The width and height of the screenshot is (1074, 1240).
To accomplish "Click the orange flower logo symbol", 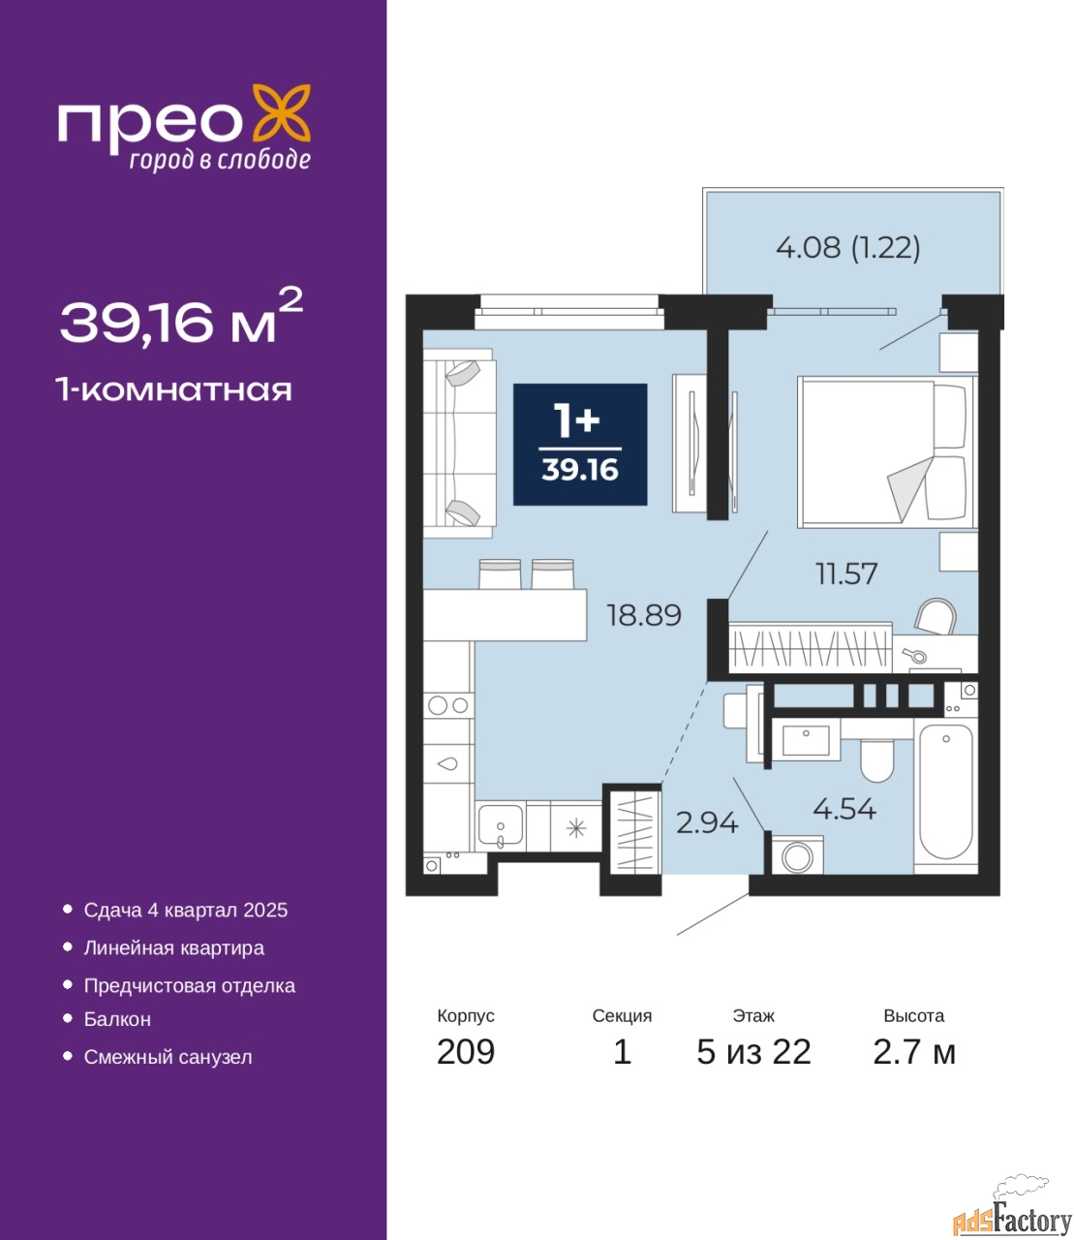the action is coord(281,112).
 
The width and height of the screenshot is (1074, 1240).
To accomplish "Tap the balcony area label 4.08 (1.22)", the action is coord(847,247).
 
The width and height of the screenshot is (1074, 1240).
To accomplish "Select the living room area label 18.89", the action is coord(644,615).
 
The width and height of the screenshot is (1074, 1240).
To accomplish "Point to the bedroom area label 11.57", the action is coord(846,574).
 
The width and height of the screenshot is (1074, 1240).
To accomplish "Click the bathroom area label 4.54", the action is coord(844,809).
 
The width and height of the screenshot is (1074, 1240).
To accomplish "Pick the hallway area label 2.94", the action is coord(707,823).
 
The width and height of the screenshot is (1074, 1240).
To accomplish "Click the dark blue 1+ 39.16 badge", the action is coord(580,444).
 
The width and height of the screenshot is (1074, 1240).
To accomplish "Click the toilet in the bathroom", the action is coord(876,759).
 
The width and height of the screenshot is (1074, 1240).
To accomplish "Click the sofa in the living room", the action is coord(459,444).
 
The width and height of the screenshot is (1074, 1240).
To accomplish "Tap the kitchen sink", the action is coord(501,826).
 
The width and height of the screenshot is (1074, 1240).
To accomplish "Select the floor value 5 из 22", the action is coord(753,1052).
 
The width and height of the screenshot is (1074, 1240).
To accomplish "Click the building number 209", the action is coord(466,1052).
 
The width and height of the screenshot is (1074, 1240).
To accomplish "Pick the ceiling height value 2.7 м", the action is coord(914,1052).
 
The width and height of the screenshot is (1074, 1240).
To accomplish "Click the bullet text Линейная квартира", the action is coord(174,947).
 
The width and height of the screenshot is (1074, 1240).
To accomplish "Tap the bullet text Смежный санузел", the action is coord(168,1057).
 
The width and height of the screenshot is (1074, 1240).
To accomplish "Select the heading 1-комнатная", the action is coord(174,390).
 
